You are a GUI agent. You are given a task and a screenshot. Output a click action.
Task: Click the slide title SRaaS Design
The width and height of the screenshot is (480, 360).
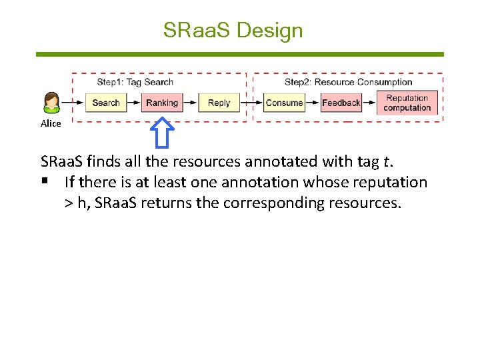click(x=233, y=30)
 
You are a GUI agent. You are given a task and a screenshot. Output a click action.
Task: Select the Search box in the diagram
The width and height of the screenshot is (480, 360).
click(x=105, y=103)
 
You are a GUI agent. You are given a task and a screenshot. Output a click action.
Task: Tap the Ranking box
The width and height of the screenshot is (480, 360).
click(x=162, y=103)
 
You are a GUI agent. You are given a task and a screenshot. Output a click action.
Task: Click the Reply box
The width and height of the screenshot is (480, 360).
click(x=219, y=103)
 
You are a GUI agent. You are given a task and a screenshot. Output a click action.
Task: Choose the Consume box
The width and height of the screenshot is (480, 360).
click(x=284, y=103)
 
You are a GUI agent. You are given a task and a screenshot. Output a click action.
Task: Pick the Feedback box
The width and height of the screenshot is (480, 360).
click(x=341, y=103)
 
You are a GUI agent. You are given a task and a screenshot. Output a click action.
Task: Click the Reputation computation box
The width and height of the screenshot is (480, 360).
click(x=407, y=103)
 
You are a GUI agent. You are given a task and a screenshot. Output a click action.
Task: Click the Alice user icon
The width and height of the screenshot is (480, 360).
click(x=51, y=103)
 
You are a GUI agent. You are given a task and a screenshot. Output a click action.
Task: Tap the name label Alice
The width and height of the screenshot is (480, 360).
click(x=51, y=123)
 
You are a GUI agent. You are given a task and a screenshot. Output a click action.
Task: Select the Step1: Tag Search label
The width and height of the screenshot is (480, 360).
click(x=135, y=82)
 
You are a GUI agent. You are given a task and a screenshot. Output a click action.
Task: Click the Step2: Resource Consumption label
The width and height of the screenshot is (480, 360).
click(x=348, y=82)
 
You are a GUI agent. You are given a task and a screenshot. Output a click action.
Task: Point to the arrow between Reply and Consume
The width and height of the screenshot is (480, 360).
click(x=250, y=103)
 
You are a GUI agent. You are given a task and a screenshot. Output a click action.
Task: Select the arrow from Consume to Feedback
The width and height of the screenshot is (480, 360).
click(x=313, y=103)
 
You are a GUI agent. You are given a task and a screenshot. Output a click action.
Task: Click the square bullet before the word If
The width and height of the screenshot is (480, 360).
click(x=45, y=182)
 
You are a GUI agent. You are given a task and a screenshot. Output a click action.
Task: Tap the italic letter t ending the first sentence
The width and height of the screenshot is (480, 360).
click(x=386, y=161)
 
